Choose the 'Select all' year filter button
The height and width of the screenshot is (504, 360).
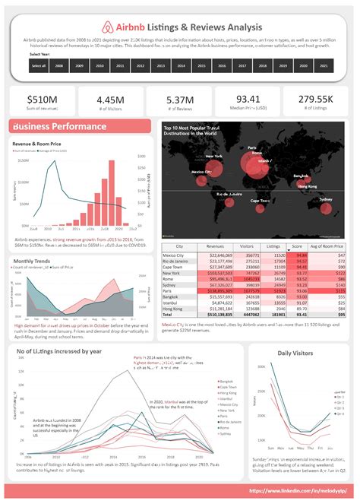(x=39, y=66)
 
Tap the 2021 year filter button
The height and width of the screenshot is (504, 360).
(x=324, y=66)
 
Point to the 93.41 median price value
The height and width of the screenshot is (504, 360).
(x=248, y=100)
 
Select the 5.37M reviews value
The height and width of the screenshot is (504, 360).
(x=179, y=100)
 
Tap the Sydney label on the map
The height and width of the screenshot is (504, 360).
(x=326, y=199)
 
